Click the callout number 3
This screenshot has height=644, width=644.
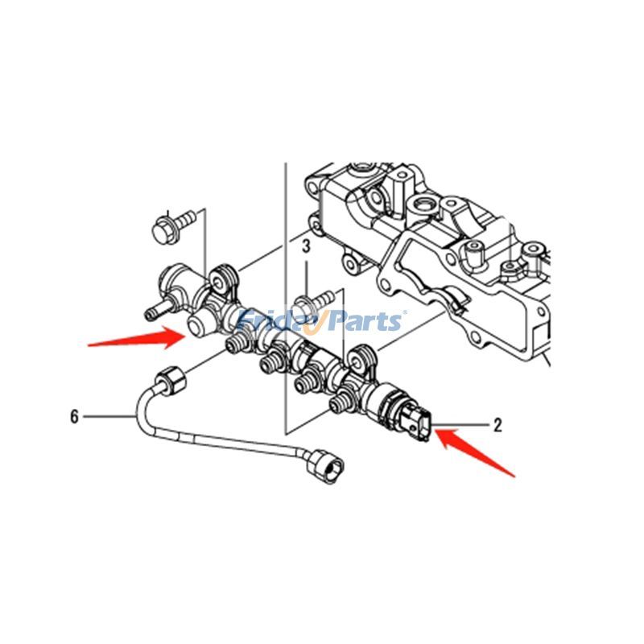pos(306,246)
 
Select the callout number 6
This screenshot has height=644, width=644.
pos(74,416)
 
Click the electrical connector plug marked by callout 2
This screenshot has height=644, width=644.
pos(418,423)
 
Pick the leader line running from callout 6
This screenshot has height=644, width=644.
pos(109,416)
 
